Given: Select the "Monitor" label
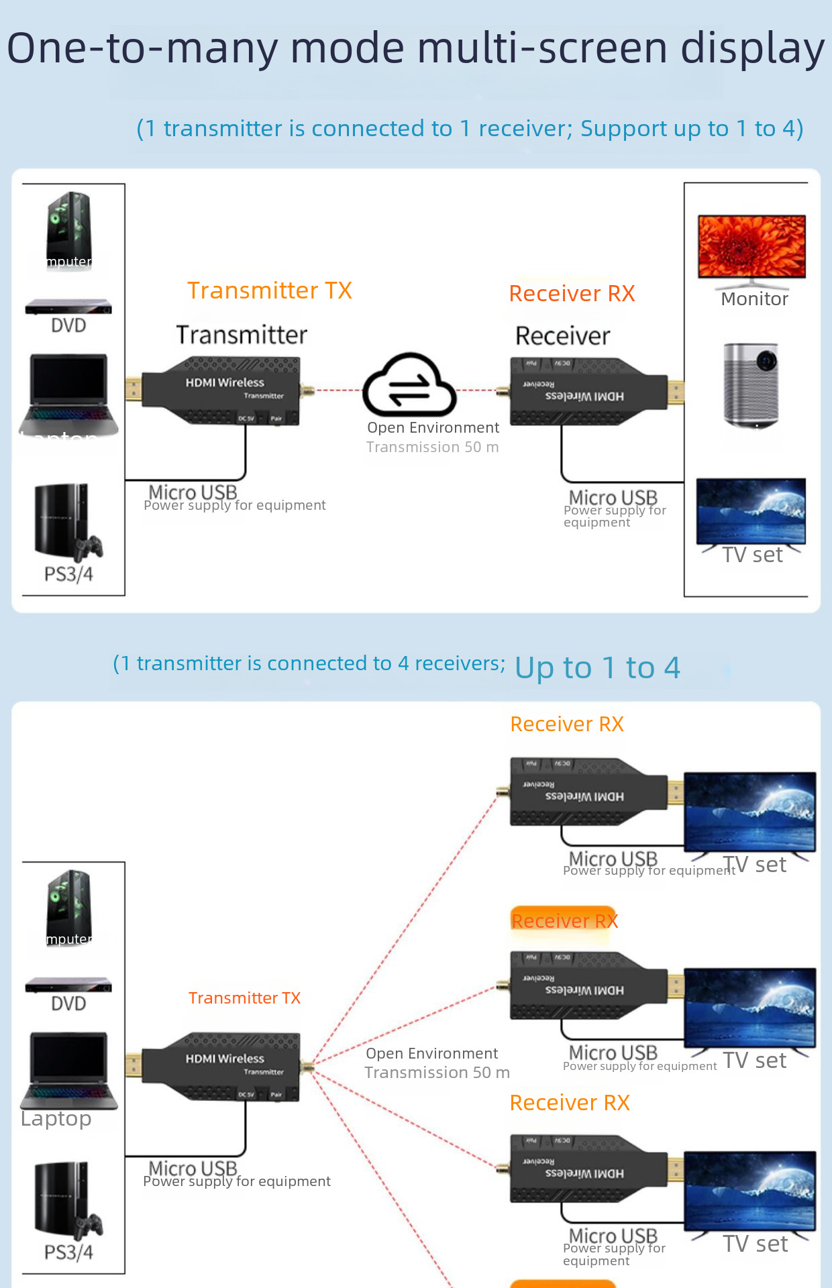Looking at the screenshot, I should [754, 299].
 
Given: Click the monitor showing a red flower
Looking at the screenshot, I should [751, 246].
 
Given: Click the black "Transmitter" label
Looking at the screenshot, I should [242, 335].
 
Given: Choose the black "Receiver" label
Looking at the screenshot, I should [562, 335].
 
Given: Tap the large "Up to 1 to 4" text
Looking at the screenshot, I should [597, 667].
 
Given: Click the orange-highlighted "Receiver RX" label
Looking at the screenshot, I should [564, 920].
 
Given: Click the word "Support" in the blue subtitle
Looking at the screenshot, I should [620, 128].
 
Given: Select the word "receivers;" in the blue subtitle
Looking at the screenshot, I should [460, 663].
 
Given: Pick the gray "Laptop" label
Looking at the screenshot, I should [56, 1118].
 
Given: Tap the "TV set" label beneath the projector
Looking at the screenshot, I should [752, 555].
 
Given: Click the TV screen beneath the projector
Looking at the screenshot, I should [751, 511].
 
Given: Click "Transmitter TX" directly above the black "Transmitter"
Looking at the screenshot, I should [269, 290].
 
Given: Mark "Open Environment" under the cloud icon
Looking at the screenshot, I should [433, 427].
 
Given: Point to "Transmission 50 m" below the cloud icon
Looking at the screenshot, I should [432, 447].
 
